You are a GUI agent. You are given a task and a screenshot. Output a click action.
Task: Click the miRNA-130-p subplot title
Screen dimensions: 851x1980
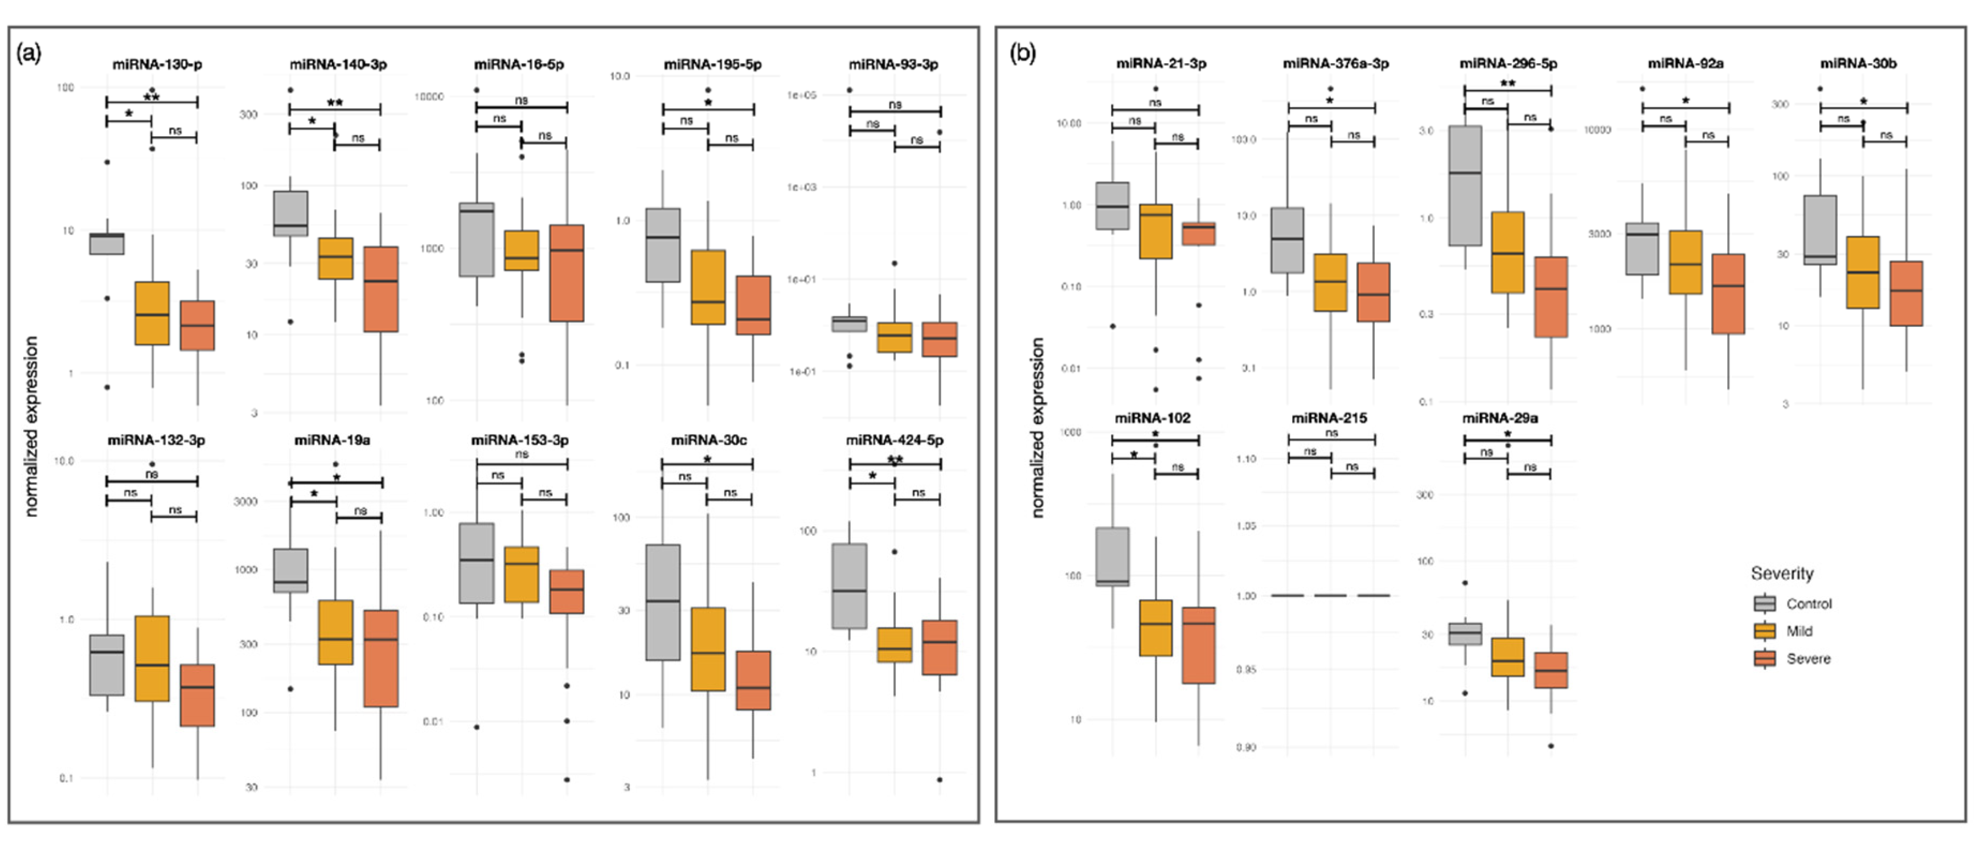point(158,64)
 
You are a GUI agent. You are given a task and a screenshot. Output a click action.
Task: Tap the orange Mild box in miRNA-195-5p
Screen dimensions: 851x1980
point(708,287)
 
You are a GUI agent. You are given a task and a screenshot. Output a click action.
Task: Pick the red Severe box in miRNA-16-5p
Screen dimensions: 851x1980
point(567,273)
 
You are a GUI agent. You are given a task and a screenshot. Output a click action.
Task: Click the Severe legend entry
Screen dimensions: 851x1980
point(1808,659)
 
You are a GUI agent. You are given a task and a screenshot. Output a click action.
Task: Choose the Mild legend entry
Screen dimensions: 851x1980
point(1798,631)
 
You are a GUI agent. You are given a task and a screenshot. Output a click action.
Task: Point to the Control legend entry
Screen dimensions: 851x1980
point(1808,604)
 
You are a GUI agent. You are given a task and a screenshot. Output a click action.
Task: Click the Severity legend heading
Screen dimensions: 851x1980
point(1782,574)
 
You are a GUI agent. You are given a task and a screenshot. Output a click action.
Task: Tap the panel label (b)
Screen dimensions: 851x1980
point(1022,53)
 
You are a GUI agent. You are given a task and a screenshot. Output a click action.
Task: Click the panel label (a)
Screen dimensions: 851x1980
point(29,53)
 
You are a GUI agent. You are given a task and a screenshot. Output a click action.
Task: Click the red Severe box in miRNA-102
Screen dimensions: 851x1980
point(1198,645)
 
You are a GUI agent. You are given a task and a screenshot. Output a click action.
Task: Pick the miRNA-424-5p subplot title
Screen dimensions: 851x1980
point(895,440)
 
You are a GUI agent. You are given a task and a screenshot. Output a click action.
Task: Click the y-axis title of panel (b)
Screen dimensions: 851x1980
point(1038,427)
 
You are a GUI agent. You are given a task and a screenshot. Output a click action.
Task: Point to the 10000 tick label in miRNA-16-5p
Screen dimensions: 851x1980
point(429,97)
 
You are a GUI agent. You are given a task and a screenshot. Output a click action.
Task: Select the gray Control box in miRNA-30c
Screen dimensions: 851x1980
point(662,602)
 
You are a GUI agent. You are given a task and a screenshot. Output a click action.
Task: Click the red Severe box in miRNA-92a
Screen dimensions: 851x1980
point(1728,294)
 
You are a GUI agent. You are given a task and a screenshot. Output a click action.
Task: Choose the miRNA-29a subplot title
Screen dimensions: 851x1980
point(1499,418)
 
